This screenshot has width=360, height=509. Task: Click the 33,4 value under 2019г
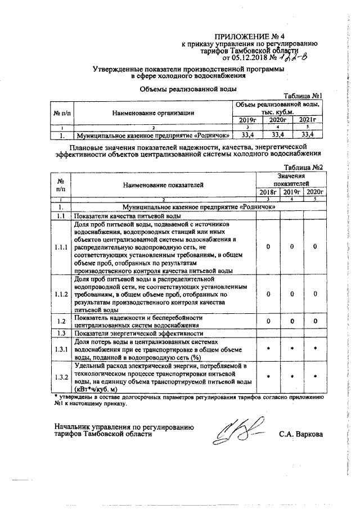(246, 135)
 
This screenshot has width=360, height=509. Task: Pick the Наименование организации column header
(153, 113)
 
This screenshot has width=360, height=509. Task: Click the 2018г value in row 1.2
(268, 321)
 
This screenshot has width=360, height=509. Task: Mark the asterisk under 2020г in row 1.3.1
(316, 349)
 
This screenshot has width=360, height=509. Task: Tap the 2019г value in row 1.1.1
(292, 247)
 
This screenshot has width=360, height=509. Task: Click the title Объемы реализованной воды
(187, 88)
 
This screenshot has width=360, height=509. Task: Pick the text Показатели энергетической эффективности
(130, 334)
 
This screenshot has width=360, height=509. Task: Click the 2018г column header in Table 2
(268, 192)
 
